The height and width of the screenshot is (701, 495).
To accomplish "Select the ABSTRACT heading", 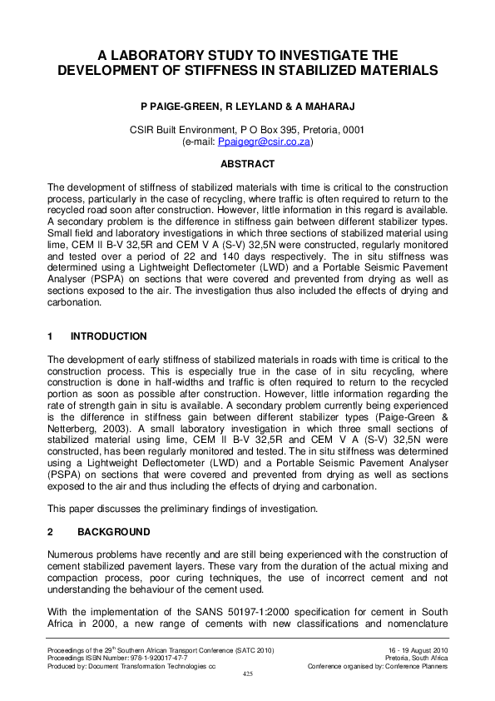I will tap(247, 165).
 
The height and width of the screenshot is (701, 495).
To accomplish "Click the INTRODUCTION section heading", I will tap(109, 336).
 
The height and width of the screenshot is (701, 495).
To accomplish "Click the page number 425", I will tap(247, 674).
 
